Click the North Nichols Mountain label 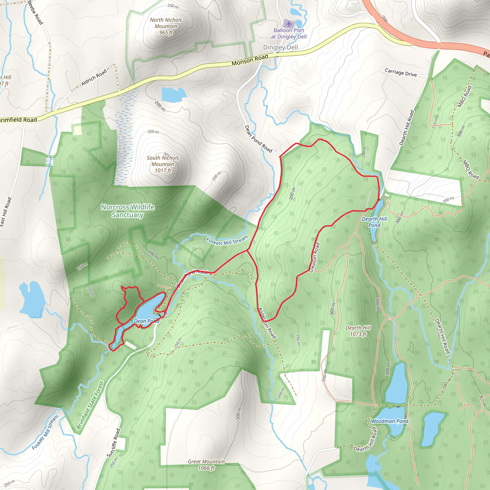tap(166, 26)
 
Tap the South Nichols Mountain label tap(163, 164)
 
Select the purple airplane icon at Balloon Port tap(289, 24)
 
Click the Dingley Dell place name tap(280, 47)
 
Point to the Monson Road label tap(250, 60)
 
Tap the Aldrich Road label tap(94, 77)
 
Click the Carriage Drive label tap(401, 72)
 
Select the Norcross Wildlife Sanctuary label tap(128, 211)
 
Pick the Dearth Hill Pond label tap(374, 222)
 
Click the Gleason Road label tap(314, 257)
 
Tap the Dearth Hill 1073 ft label tap(358, 331)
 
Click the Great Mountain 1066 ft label tap(206, 465)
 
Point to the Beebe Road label tap(35, 12)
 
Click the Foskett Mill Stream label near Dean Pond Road tap(227, 241)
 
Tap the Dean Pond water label tap(146, 321)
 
